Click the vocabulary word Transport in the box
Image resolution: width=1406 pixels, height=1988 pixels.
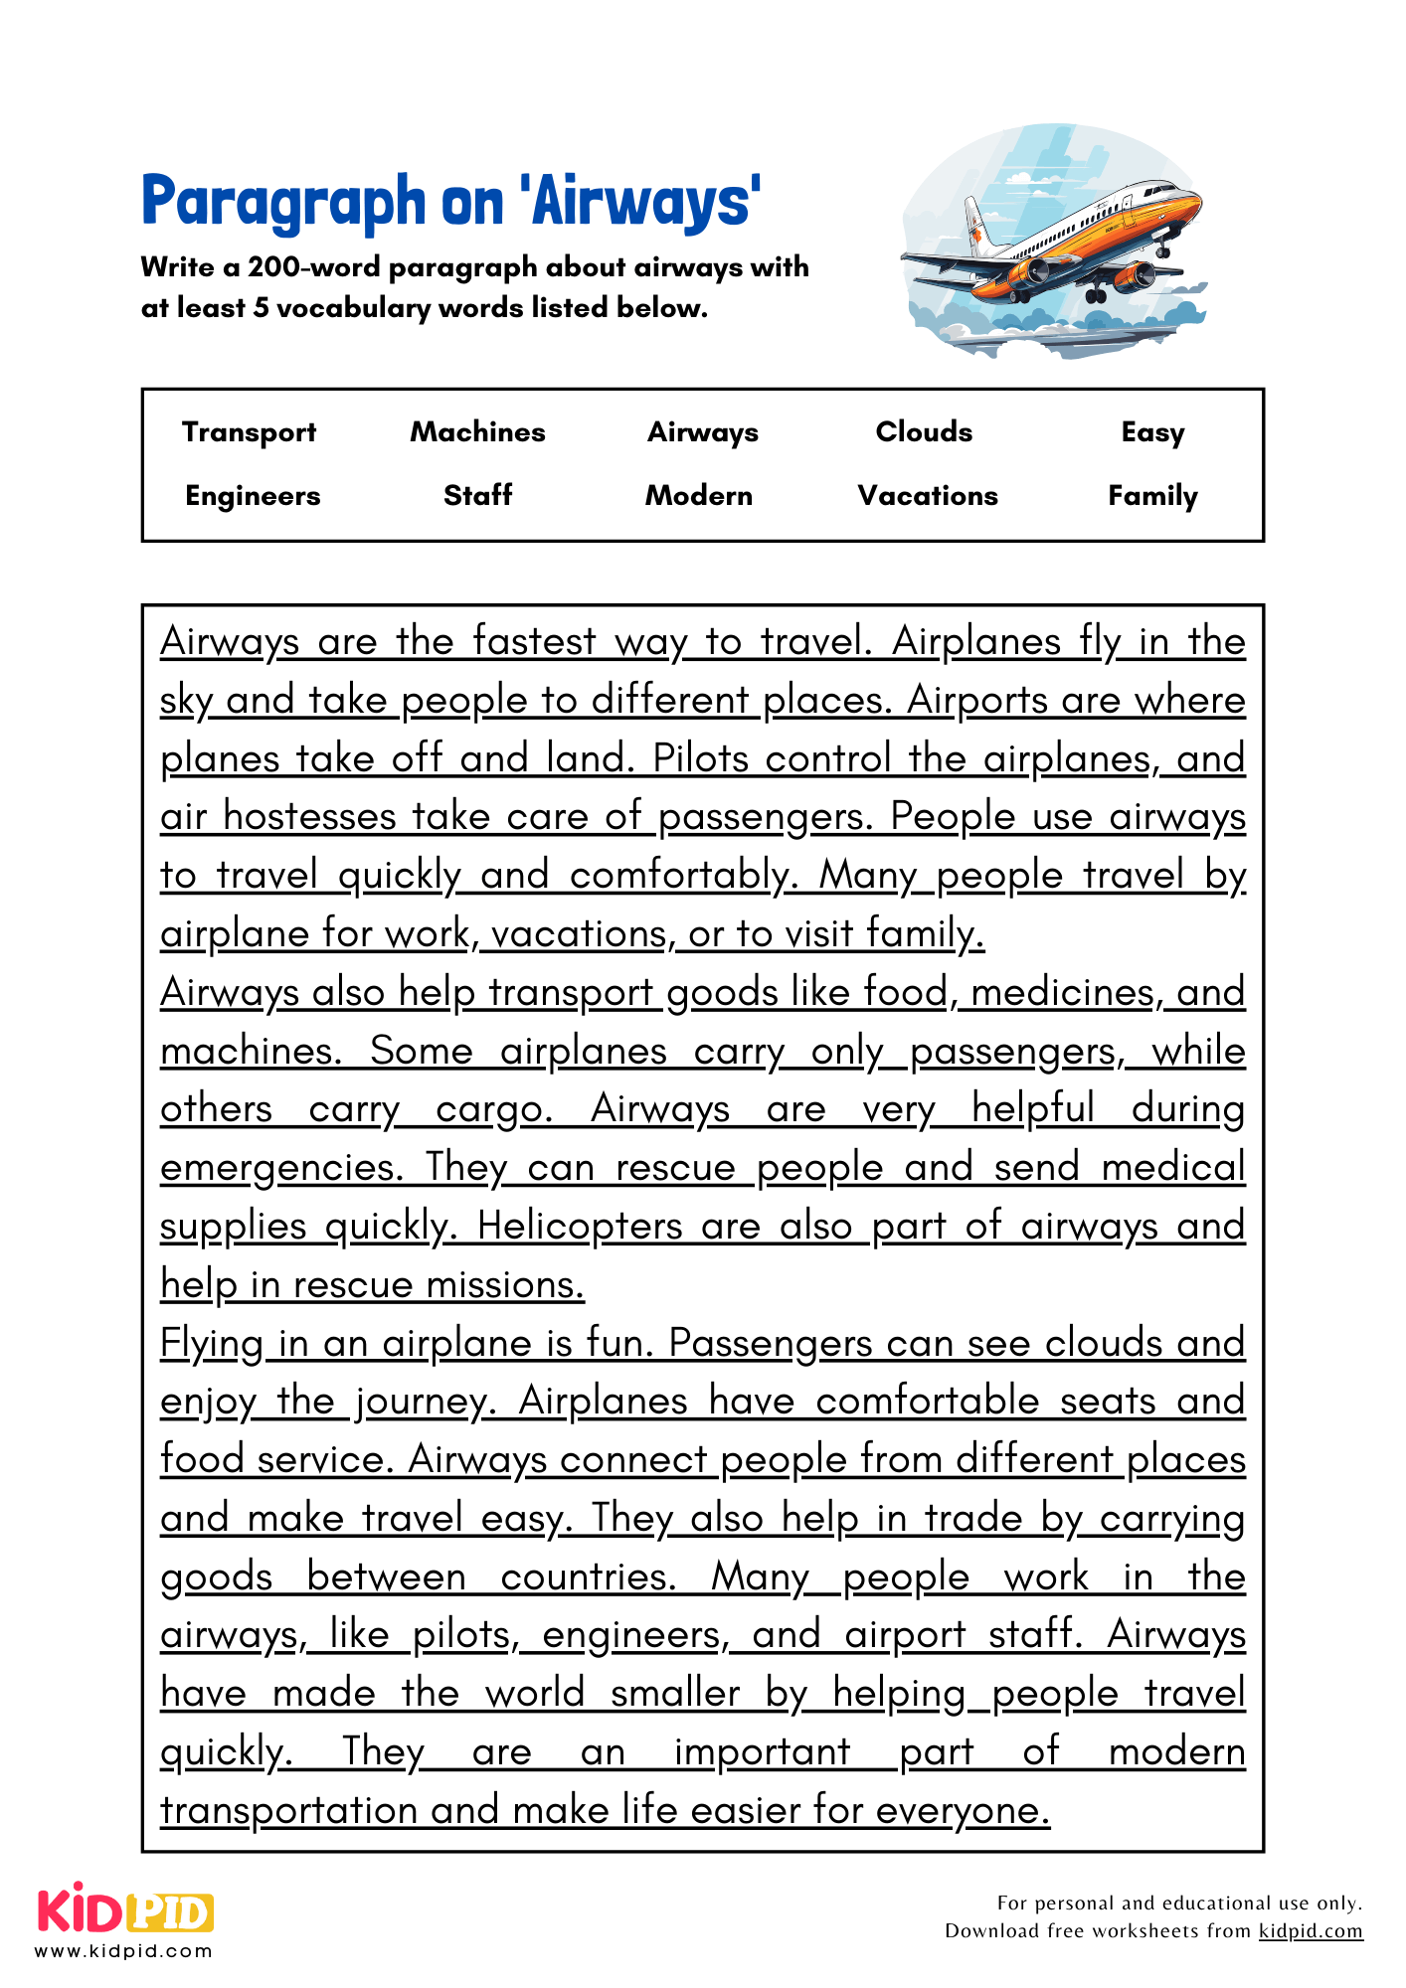pos(249,432)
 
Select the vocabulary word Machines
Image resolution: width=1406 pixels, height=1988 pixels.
pos(477,431)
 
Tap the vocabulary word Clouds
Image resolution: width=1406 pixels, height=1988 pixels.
pos(924,431)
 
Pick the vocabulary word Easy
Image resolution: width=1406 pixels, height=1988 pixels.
pos(1152,432)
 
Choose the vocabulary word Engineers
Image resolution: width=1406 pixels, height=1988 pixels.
pos(253,496)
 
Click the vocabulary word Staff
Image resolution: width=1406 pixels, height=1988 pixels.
pos(477,495)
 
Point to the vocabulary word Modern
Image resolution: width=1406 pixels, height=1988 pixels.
pos(699,495)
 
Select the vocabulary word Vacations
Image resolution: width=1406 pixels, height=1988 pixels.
pos(928,495)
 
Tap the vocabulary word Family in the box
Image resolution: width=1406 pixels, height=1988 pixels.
pos(1152,495)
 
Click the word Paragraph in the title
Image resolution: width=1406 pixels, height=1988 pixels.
pos(283,202)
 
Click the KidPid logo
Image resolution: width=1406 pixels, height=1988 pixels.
pos(125,1909)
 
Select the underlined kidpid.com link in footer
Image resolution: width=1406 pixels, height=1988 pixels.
pos(1310,1930)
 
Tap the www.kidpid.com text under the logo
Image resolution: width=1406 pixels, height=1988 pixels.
pos(123,1950)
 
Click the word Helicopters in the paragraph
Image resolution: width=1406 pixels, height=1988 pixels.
pos(580,1226)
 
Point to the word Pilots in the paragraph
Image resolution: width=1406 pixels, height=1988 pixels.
pos(700,758)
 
